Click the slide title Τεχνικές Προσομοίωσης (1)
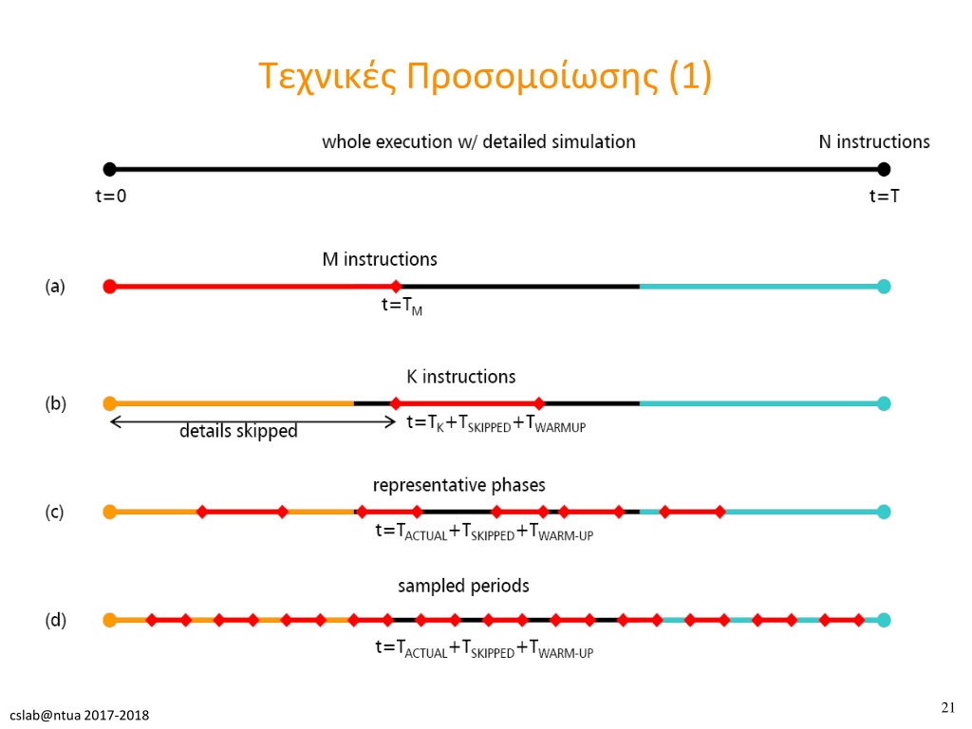point(485,77)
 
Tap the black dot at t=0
point(110,169)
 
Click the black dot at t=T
point(884,169)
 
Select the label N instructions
point(874,142)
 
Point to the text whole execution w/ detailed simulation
point(478,142)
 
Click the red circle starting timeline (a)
point(110,287)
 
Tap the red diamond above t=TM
point(396,287)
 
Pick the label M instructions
point(380,259)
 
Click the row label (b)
point(55,403)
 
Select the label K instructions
point(460,377)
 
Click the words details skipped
point(238,431)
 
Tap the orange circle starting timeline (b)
point(110,403)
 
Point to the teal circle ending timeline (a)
point(884,287)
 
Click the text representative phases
point(458,485)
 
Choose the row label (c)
point(54,512)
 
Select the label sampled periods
point(463,586)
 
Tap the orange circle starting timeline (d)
point(110,620)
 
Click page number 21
point(948,707)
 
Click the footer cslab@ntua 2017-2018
point(80,716)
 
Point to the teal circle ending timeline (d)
point(884,620)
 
